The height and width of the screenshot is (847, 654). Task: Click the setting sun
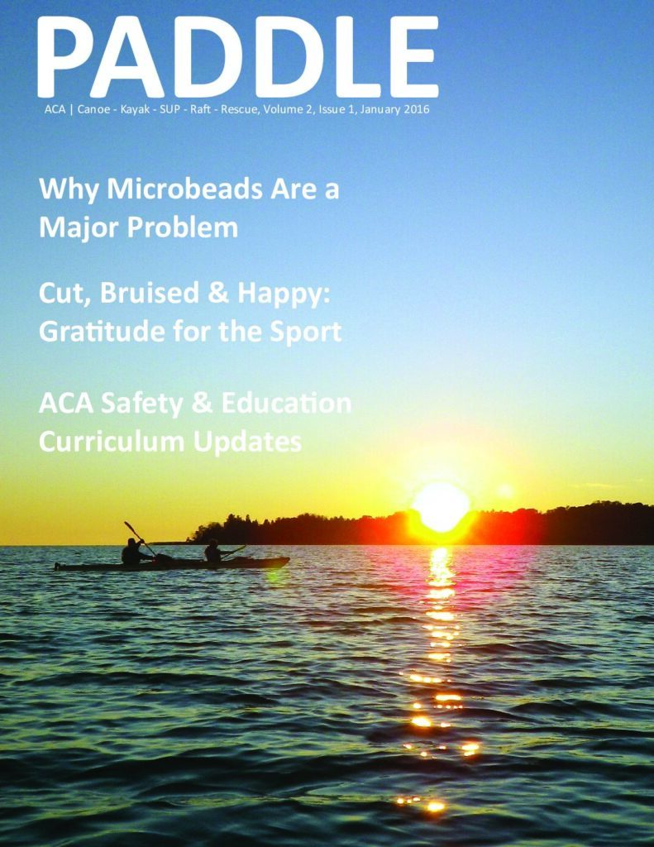pyautogui.click(x=441, y=506)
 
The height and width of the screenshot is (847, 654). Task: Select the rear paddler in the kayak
pyautogui.click(x=131, y=552)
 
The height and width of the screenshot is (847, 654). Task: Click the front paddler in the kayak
pyautogui.click(x=213, y=552)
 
